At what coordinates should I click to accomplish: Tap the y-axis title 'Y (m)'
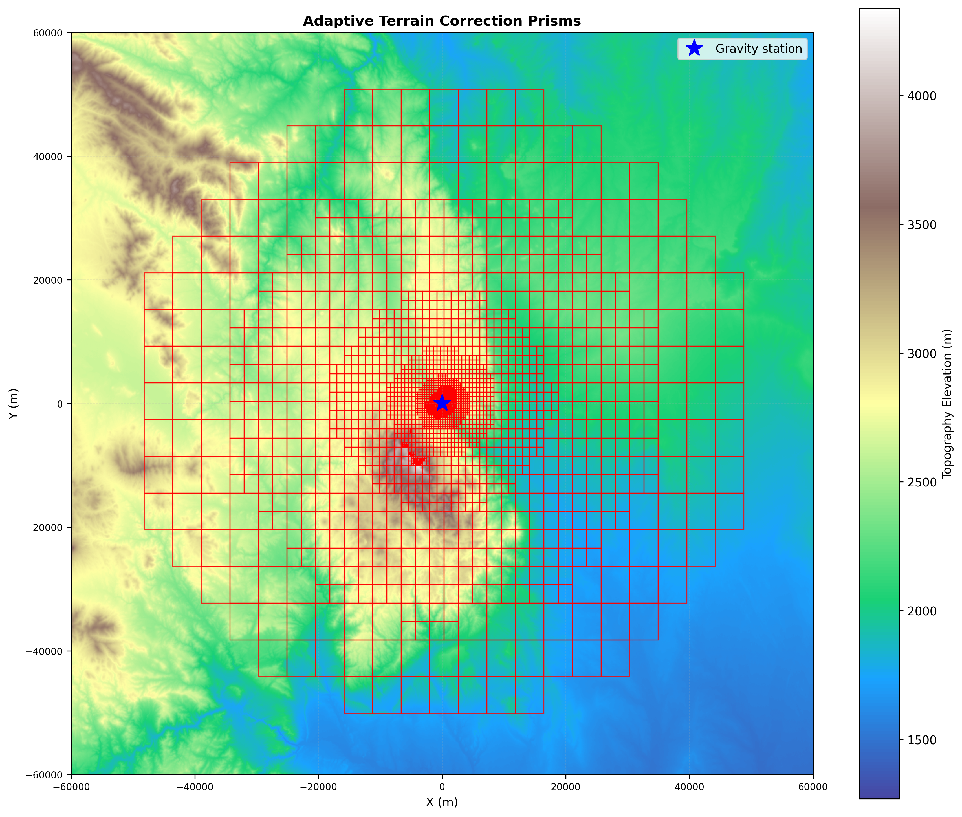pos(14,403)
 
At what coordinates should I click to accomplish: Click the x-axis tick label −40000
pos(195,787)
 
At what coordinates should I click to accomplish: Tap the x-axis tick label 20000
pos(565,787)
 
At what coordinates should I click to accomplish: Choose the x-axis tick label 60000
pos(813,787)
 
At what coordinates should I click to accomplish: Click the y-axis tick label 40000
pos(48,157)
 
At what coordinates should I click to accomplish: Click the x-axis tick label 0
pos(442,787)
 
